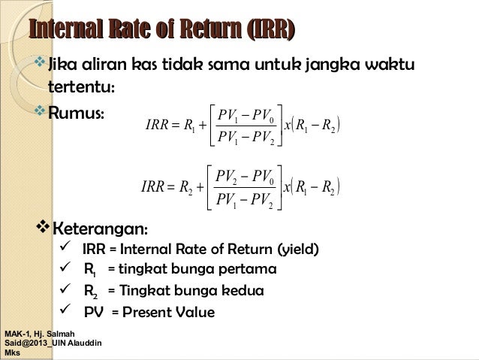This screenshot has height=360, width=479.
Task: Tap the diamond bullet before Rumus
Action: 41,113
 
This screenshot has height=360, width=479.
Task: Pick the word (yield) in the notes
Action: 293,250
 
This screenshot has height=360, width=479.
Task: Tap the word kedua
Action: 243,292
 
